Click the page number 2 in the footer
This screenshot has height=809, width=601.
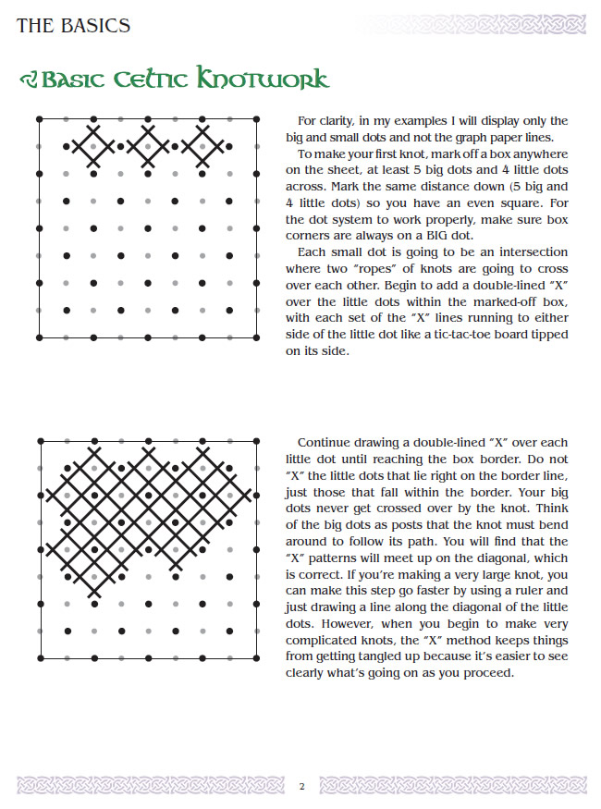coord(300,787)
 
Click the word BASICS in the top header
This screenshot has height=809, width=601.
coord(94,26)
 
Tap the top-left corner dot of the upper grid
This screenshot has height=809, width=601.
coord(38,118)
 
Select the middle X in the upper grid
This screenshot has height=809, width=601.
coord(148,146)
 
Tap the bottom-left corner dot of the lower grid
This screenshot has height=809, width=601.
coord(39,658)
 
